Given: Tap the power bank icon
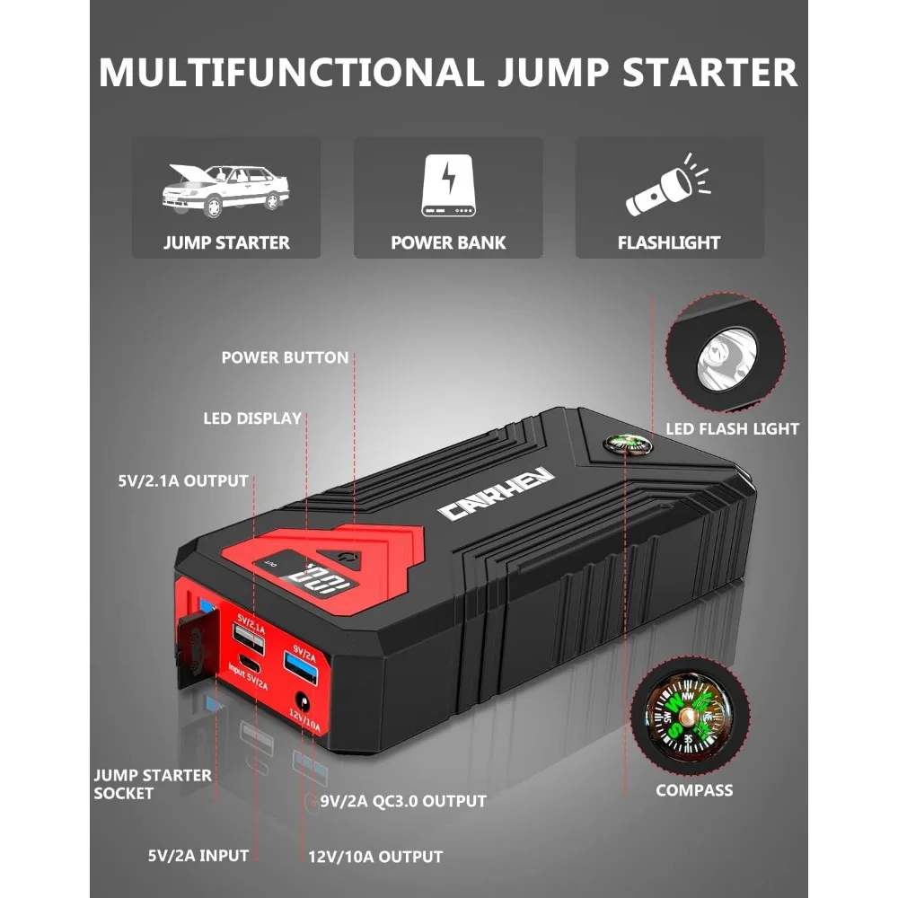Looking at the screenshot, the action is coord(448,186).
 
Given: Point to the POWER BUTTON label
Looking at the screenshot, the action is coord(285,357).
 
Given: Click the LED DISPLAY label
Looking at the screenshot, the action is coord(251,418).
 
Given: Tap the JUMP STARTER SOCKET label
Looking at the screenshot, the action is coord(153,783).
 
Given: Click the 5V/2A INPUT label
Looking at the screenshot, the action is coord(198,855).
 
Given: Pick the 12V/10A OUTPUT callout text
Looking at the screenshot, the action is coord(374,856).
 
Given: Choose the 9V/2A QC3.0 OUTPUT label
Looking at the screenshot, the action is coord(403,800).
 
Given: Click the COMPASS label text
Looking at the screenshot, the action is coord(694,790).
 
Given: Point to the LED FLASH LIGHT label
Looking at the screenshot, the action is coord(732,428).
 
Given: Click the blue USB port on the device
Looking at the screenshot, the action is coord(298,663).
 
